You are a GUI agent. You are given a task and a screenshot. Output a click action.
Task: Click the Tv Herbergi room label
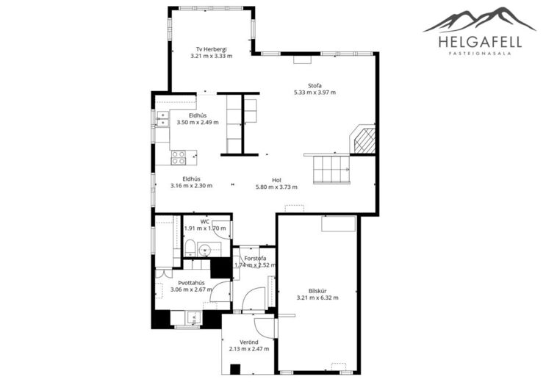point(211,49)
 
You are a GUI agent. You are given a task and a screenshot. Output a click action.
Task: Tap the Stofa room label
point(315,86)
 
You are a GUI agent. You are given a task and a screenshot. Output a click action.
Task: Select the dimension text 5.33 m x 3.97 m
point(315,93)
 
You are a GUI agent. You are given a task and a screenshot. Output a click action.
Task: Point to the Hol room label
point(276,180)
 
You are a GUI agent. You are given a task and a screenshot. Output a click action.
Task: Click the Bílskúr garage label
point(317,291)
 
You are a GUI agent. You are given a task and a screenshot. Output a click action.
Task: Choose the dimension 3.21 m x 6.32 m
point(317,298)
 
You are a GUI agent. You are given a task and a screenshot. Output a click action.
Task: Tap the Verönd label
point(249,342)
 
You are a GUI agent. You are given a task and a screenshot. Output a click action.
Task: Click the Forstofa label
point(255,259)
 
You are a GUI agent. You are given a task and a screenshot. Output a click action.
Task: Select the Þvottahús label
point(191,283)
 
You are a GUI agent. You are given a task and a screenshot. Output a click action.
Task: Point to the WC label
point(205,221)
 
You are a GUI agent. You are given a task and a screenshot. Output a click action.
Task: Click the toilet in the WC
point(190,248)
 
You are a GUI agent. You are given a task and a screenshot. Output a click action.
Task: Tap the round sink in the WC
point(204,250)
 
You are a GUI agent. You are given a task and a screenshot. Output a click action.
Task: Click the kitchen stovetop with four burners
point(179,157)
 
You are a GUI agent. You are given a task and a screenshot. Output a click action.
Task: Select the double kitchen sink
point(162,118)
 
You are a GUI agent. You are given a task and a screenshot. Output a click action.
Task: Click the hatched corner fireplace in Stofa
point(362,140)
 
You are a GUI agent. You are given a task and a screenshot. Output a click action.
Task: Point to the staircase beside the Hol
point(331,170)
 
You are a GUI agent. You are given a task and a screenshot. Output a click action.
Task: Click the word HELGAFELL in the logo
point(480,42)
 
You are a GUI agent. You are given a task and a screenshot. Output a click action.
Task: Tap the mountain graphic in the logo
point(479,20)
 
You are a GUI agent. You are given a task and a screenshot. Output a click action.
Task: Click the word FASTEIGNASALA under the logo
point(480,54)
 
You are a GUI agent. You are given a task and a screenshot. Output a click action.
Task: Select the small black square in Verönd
point(235,369)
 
